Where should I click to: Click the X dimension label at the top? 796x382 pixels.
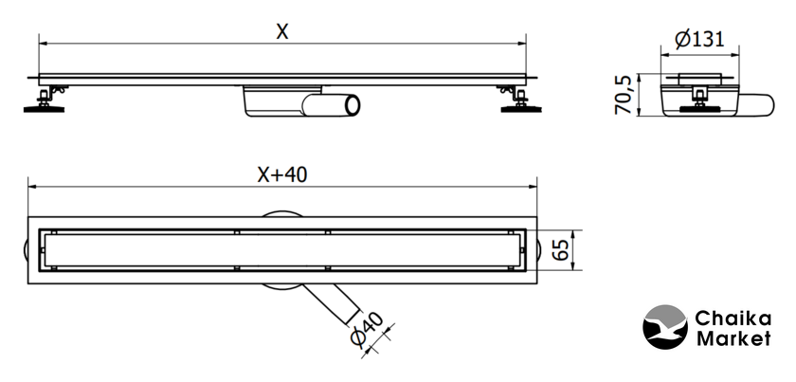281,31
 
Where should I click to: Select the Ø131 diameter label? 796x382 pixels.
700,39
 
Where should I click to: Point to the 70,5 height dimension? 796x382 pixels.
624,93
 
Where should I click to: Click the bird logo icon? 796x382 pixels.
664,327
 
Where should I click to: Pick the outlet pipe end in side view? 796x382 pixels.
352,104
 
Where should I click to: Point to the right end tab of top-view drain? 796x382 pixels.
541,251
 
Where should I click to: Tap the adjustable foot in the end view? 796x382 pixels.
698,100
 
